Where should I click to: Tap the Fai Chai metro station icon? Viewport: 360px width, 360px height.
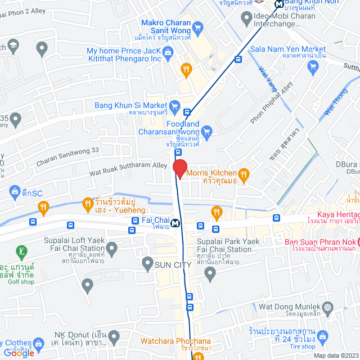tap(176, 223)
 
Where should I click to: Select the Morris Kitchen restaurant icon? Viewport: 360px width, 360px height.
tap(243, 174)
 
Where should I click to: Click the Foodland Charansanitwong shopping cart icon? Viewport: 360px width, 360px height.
tap(206, 132)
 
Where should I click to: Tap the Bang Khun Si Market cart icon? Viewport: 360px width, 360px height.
tap(174, 105)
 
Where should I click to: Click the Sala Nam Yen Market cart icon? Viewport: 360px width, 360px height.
tap(313, 66)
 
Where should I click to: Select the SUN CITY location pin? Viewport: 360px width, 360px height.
tap(147, 263)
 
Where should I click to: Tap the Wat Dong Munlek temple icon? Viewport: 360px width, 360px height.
tap(328, 307)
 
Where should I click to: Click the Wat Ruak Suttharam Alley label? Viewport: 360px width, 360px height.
tap(128, 170)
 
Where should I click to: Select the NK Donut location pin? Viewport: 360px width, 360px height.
tap(114, 337)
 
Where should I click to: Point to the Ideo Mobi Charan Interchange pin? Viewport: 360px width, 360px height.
tap(246, 19)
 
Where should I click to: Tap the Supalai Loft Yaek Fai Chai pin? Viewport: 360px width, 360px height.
tap(111, 247)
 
